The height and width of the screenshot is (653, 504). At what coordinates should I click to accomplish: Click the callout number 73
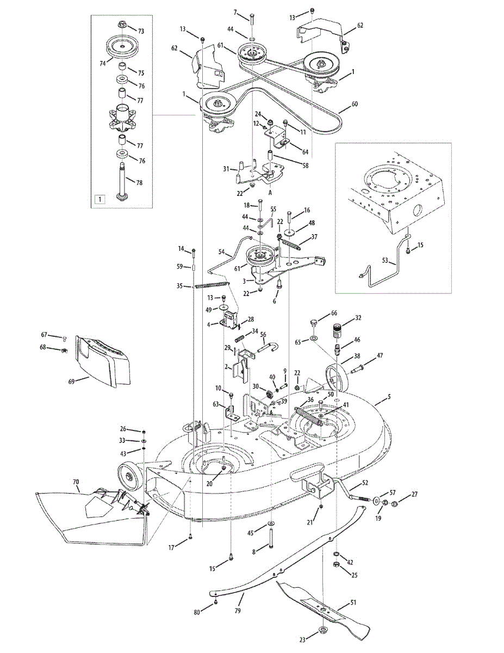141,32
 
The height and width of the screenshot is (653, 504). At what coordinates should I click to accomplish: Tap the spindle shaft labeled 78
122,177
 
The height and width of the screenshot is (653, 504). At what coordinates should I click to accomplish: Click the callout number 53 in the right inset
385,261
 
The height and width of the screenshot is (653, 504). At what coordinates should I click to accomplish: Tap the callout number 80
197,612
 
